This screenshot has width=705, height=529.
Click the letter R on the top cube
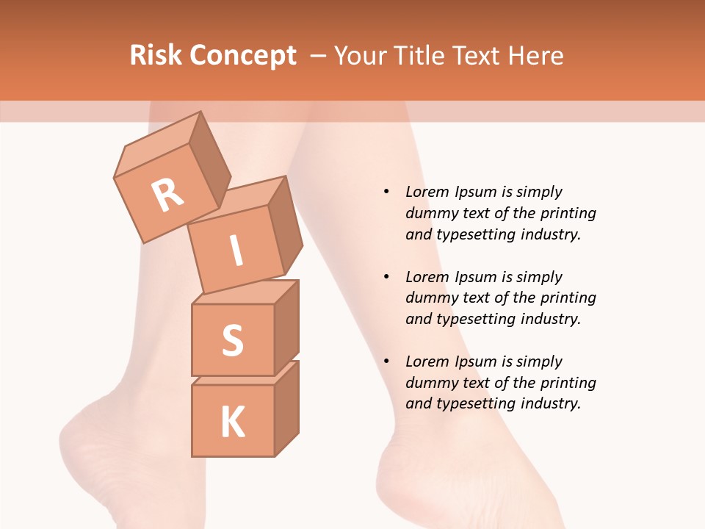[x=167, y=195]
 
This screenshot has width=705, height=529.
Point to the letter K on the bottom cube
[x=232, y=422]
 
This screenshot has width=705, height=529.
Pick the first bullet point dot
[x=386, y=192]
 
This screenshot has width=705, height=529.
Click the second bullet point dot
[x=386, y=277]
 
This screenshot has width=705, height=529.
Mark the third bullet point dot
[x=386, y=361]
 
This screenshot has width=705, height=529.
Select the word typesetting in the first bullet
[x=474, y=235]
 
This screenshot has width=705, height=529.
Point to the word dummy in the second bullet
[x=430, y=298]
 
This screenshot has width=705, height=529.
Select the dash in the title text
[x=319, y=56]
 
